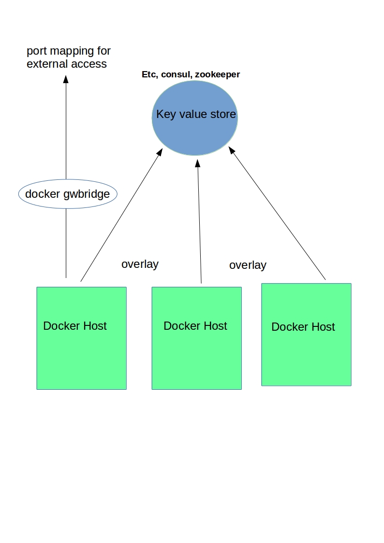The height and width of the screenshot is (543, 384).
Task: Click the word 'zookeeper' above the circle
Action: pos(217,74)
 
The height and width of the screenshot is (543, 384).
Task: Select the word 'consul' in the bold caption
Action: pos(176,74)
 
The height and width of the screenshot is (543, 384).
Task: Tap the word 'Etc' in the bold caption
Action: pos(149,74)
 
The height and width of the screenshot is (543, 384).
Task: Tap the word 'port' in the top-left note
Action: pos(36,51)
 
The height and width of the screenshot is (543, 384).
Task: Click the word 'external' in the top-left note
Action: pos(46,64)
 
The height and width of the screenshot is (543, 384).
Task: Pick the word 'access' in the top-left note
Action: pos(90,64)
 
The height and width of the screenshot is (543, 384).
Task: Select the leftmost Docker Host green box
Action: pos(81,358)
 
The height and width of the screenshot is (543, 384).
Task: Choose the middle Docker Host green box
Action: pos(196,358)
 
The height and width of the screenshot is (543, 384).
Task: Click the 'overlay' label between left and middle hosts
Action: pos(140,264)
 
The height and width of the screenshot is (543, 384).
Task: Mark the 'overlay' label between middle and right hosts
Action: pos(248,265)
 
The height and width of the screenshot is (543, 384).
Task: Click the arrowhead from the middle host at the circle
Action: pos(197,163)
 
